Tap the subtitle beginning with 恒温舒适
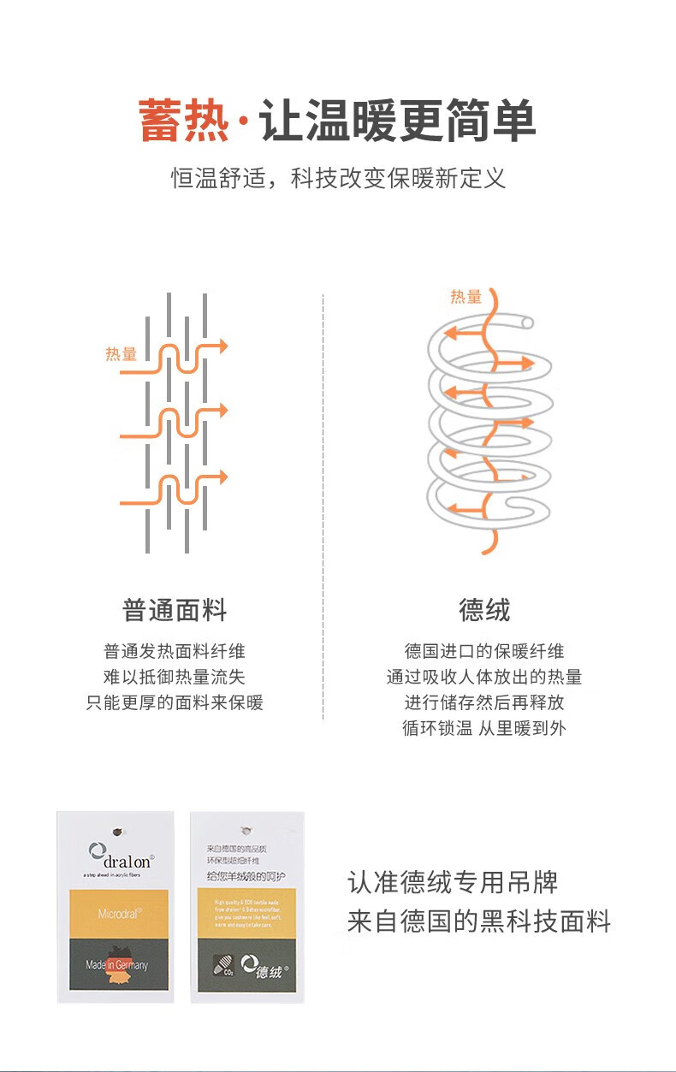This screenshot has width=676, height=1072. pos(338,178)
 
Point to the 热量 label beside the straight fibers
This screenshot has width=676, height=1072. pos(121,354)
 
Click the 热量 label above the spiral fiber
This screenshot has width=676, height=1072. pos(466,297)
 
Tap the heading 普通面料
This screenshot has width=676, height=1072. pos(175,611)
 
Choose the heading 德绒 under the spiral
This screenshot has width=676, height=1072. pos(484,611)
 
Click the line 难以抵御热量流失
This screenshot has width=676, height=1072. pos(175,677)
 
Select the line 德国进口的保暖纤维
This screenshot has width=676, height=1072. pos(484,651)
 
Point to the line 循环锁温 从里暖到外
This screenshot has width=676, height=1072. pos(484,728)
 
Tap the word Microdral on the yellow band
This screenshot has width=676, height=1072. pos(118,913)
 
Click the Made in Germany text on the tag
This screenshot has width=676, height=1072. pos(116,965)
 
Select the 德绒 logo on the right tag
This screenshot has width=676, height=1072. pos(265,967)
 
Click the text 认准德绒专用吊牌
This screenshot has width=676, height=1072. pos(453,882)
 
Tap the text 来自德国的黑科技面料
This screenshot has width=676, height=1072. pos(479,921)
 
